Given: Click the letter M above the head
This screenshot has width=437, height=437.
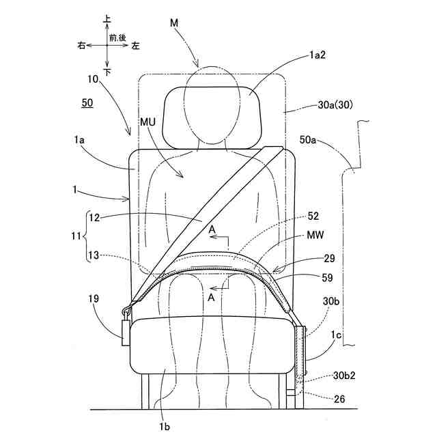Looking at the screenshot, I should pos(174,25).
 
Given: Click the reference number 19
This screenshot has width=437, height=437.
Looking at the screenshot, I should pos(94,298).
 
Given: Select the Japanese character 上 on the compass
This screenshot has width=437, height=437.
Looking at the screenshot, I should pos(107,21).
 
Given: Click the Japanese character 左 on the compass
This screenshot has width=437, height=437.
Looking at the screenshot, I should pos(135,46).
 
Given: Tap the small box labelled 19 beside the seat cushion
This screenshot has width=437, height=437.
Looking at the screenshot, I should pos(125,330).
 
